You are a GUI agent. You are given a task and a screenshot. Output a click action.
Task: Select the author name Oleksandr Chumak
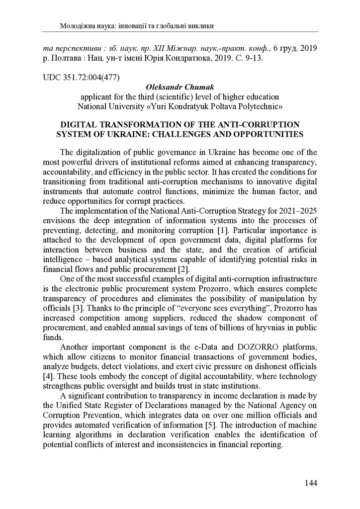tap(180, 86)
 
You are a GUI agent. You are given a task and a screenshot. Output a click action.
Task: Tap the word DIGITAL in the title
tap(79, 124)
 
